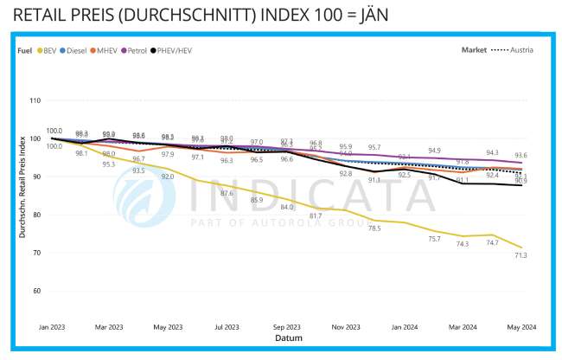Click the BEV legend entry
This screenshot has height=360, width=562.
(x=52, y=49)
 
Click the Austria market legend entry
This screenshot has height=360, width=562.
(x=520, y=49)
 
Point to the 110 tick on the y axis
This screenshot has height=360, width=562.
(x=35, y=100)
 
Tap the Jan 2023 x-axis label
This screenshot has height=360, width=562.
(x=53, y=327)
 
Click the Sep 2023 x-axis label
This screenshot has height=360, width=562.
(x=286, y=327)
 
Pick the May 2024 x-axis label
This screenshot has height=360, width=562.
(x=520, y=327)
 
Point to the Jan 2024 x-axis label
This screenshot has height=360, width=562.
(x=403, y=327)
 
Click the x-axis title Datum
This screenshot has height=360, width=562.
(x=288, y=338)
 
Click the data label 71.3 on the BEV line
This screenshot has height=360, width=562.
(x=521, y=256)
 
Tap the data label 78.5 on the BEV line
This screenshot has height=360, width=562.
(x=374, y=228)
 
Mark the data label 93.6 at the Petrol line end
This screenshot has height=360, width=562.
(x=521, y=155)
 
